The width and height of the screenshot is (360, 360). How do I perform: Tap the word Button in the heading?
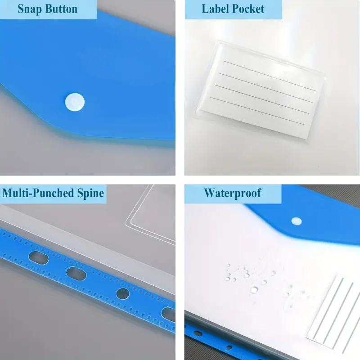point(61,9)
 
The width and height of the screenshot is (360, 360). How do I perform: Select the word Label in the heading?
point(216,9)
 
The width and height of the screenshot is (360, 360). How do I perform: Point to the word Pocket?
point(248,9)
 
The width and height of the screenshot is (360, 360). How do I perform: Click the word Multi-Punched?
point(38,193)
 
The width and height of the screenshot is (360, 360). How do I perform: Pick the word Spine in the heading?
point(90,193)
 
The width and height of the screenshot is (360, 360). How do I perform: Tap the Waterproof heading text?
point(233,193)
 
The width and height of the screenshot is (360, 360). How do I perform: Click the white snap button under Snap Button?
point(75,102)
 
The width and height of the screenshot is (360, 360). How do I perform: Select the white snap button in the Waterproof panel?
point(297,221)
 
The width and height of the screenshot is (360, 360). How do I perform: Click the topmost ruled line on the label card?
point(270,76)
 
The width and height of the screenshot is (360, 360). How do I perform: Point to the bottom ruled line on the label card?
point(257,111)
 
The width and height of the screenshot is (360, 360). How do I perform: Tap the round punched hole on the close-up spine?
point(123,293)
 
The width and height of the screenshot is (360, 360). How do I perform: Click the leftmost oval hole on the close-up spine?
point(39,257)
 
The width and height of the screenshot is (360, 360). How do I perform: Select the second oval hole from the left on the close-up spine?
point(76,274)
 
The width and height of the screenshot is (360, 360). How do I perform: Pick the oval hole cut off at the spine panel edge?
point(168,314)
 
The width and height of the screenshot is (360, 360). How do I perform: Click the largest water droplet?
point(254,290)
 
